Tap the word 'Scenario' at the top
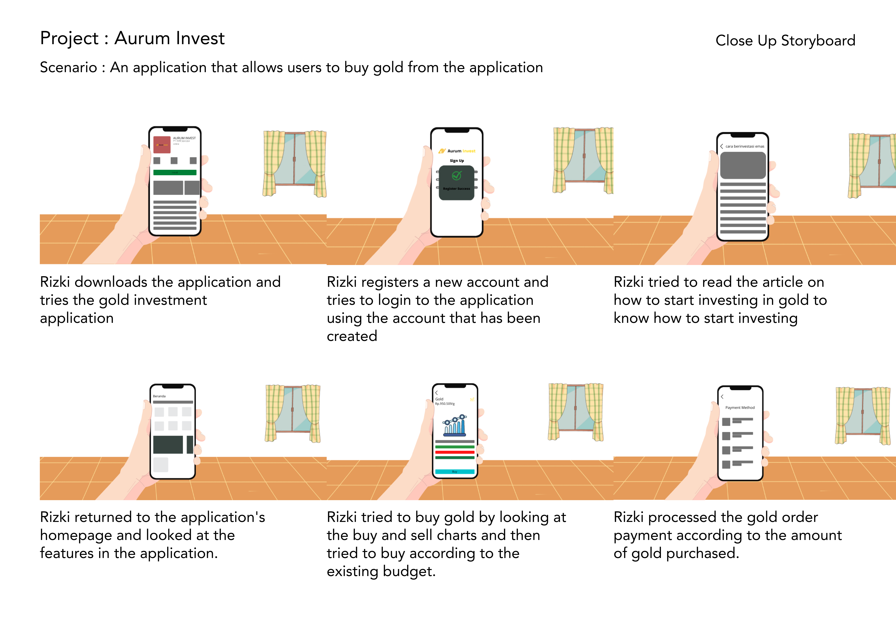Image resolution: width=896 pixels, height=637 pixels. (68, 67)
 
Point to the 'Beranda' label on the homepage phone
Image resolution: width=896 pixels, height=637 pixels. (159, 396)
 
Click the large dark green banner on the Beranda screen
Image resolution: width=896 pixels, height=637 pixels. (168, 444)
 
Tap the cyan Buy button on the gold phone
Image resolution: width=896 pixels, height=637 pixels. (455, 472)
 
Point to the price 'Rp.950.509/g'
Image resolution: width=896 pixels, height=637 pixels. (445, 404)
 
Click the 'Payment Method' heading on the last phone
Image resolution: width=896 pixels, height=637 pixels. (740, 407)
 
